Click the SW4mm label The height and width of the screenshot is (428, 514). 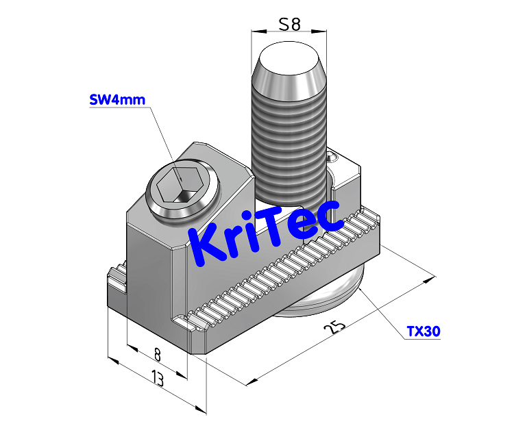118,100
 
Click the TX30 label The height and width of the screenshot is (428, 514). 423,332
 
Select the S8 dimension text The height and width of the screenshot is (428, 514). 289,25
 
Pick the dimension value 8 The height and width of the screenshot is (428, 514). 157,355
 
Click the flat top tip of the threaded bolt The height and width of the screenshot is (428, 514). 289,58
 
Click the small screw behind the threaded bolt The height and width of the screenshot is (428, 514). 333,158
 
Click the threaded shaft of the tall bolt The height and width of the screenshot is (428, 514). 289,151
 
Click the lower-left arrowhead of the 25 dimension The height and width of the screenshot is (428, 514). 254,380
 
